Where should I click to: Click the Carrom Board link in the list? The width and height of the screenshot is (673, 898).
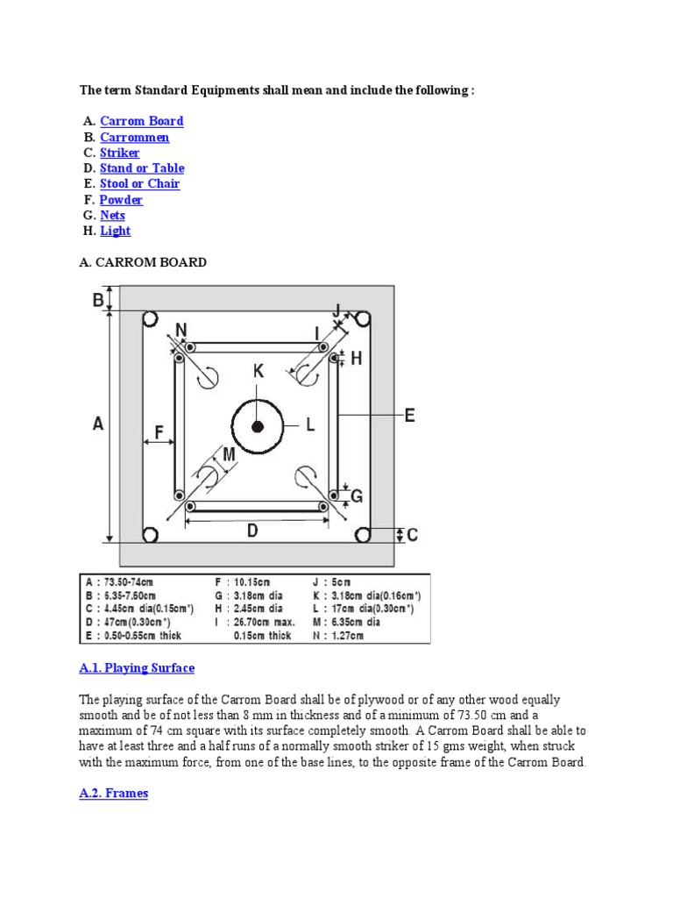(141, 121)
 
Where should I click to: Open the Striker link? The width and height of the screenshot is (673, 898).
(119, 153)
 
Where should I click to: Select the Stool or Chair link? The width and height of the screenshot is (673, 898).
(139, 183)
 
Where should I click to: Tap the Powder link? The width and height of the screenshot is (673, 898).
(121, 199)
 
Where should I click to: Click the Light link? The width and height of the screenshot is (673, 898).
(115, 231)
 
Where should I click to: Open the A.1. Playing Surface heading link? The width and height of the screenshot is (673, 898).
(136, 667)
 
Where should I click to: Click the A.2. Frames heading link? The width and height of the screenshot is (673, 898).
(113, 793)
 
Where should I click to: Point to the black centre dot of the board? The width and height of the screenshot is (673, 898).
(258, 426)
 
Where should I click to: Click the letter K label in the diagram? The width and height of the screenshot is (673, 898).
(259, 371)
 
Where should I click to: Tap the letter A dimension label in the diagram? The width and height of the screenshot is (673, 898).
(98, 424)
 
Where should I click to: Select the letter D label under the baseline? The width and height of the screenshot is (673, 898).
(252, 531)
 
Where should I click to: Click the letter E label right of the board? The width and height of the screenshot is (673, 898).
(408, 416)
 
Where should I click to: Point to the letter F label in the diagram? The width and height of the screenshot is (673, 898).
(159, 431)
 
